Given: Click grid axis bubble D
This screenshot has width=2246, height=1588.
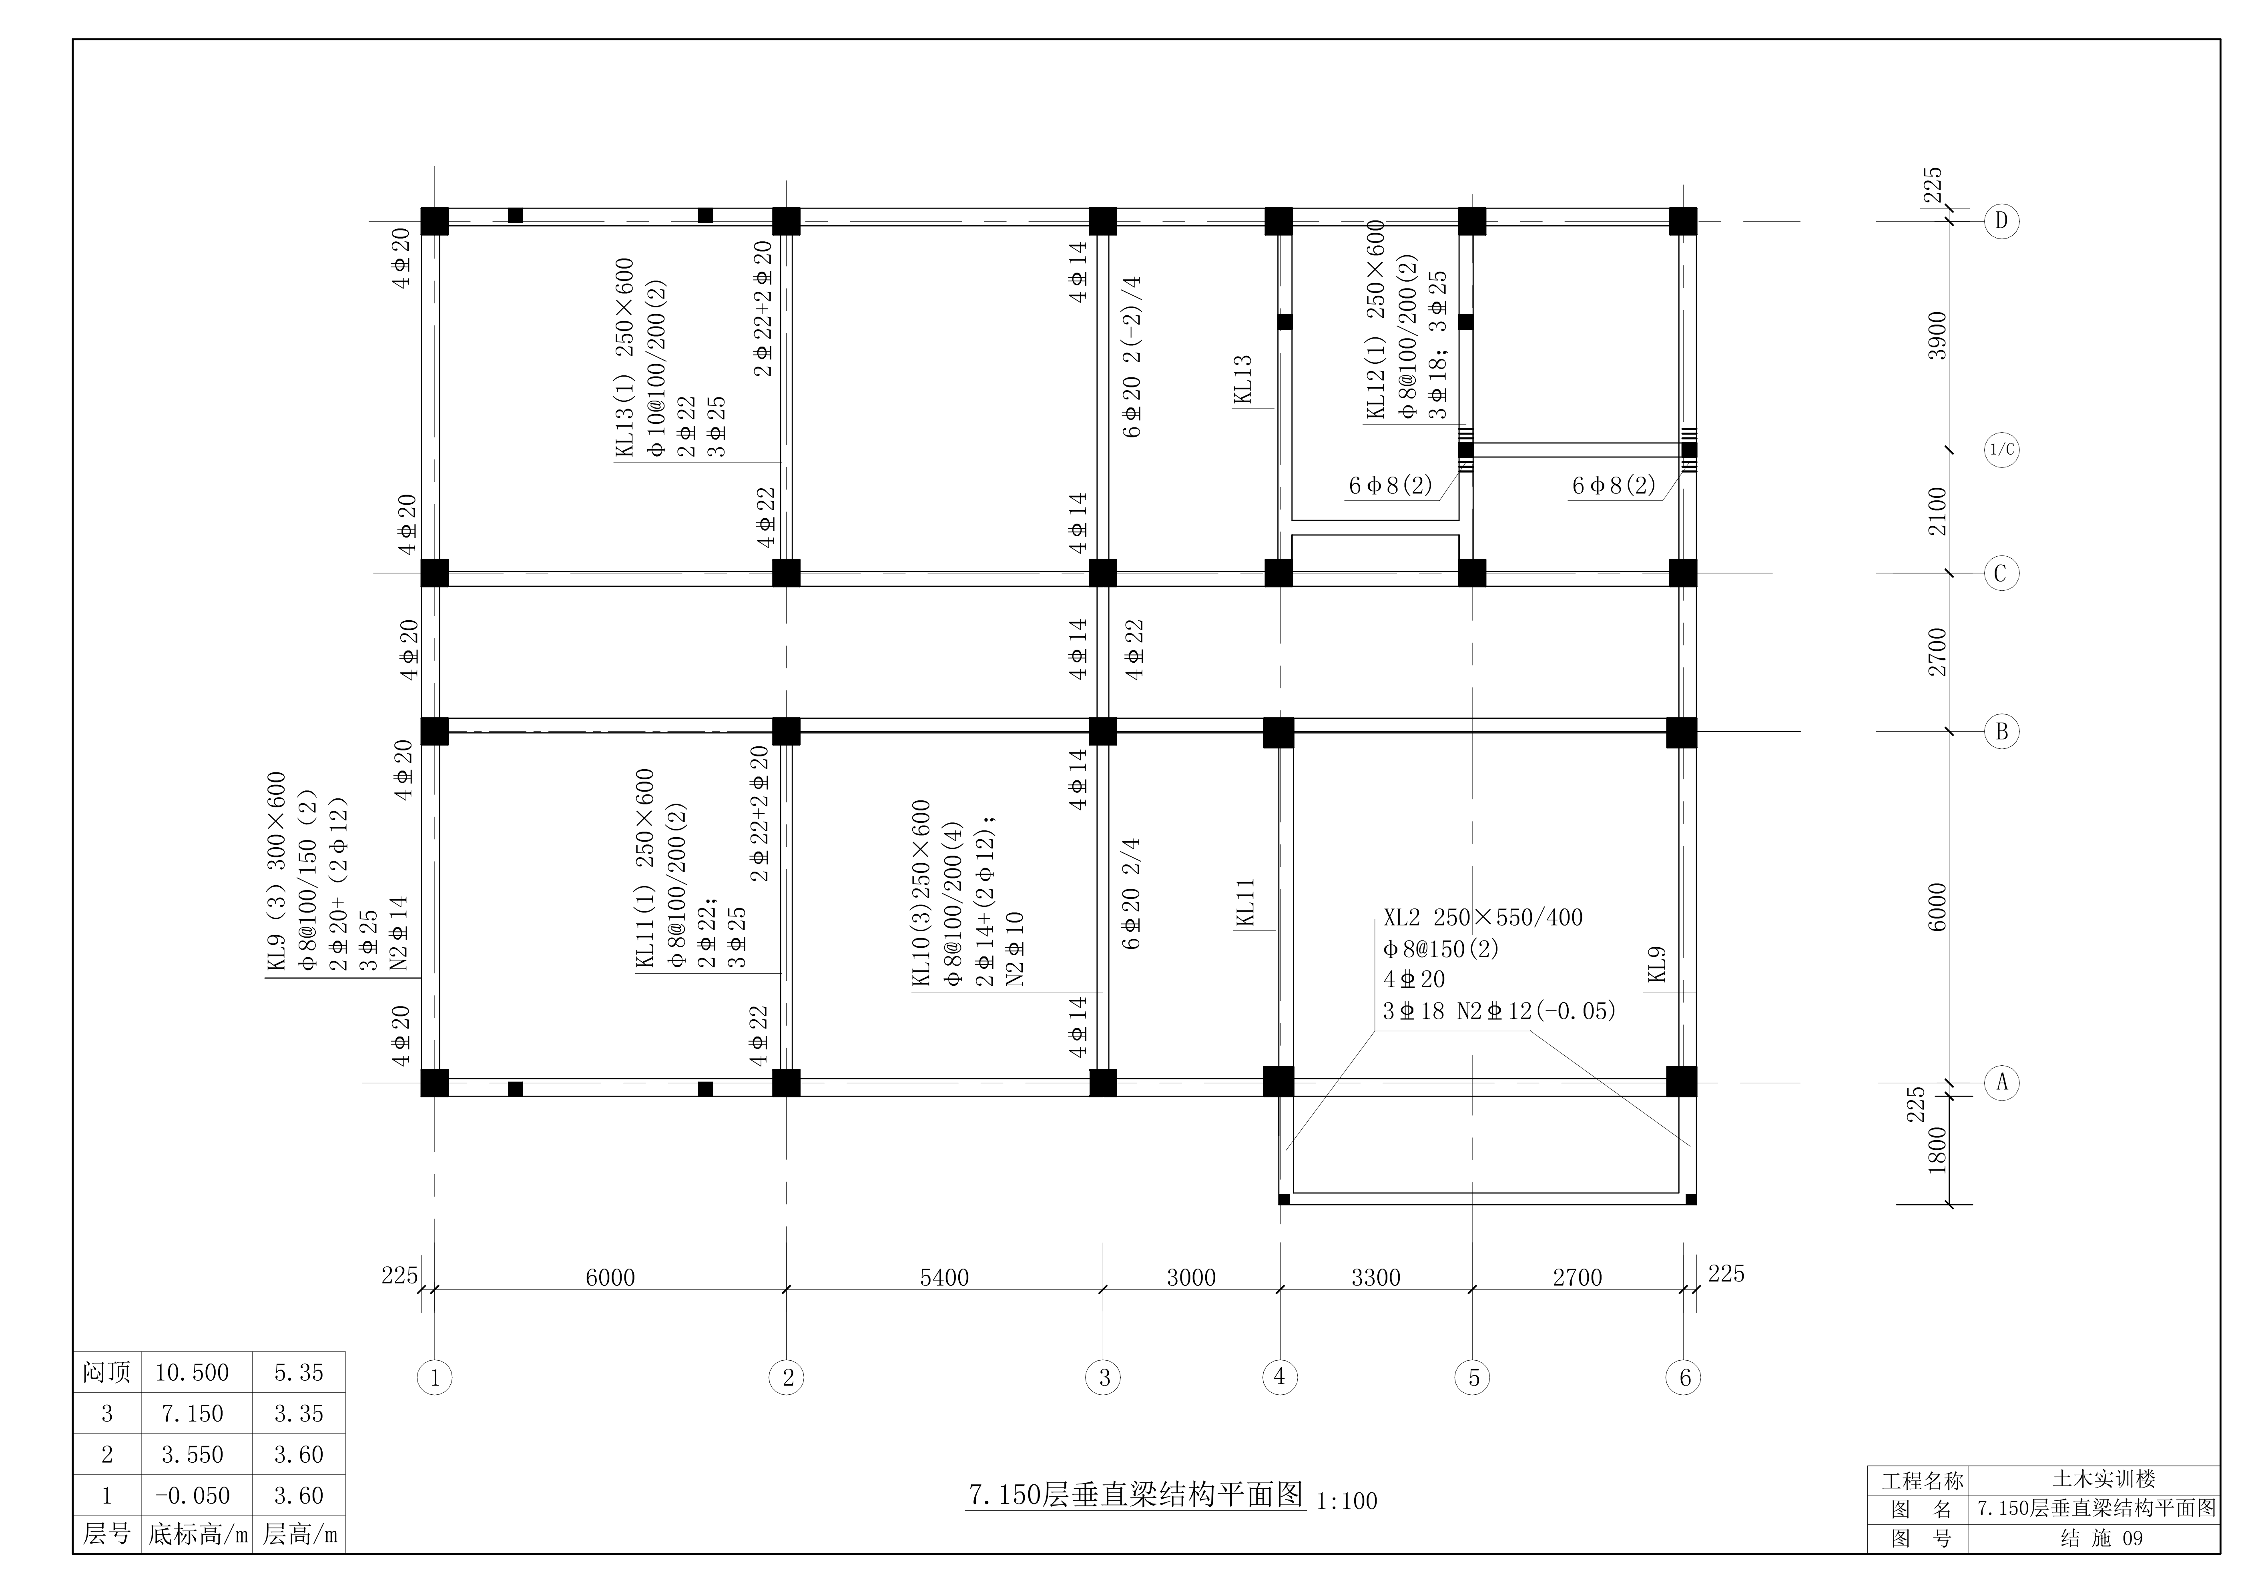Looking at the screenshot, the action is (2001, 221).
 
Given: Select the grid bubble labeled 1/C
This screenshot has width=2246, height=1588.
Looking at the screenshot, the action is (2001, 451).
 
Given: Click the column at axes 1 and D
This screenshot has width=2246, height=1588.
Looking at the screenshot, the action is (434, 221).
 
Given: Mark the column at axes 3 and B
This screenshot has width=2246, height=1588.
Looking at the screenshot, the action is (1102, 732).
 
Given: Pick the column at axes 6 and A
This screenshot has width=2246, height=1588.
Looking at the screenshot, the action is (1682, 1081).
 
